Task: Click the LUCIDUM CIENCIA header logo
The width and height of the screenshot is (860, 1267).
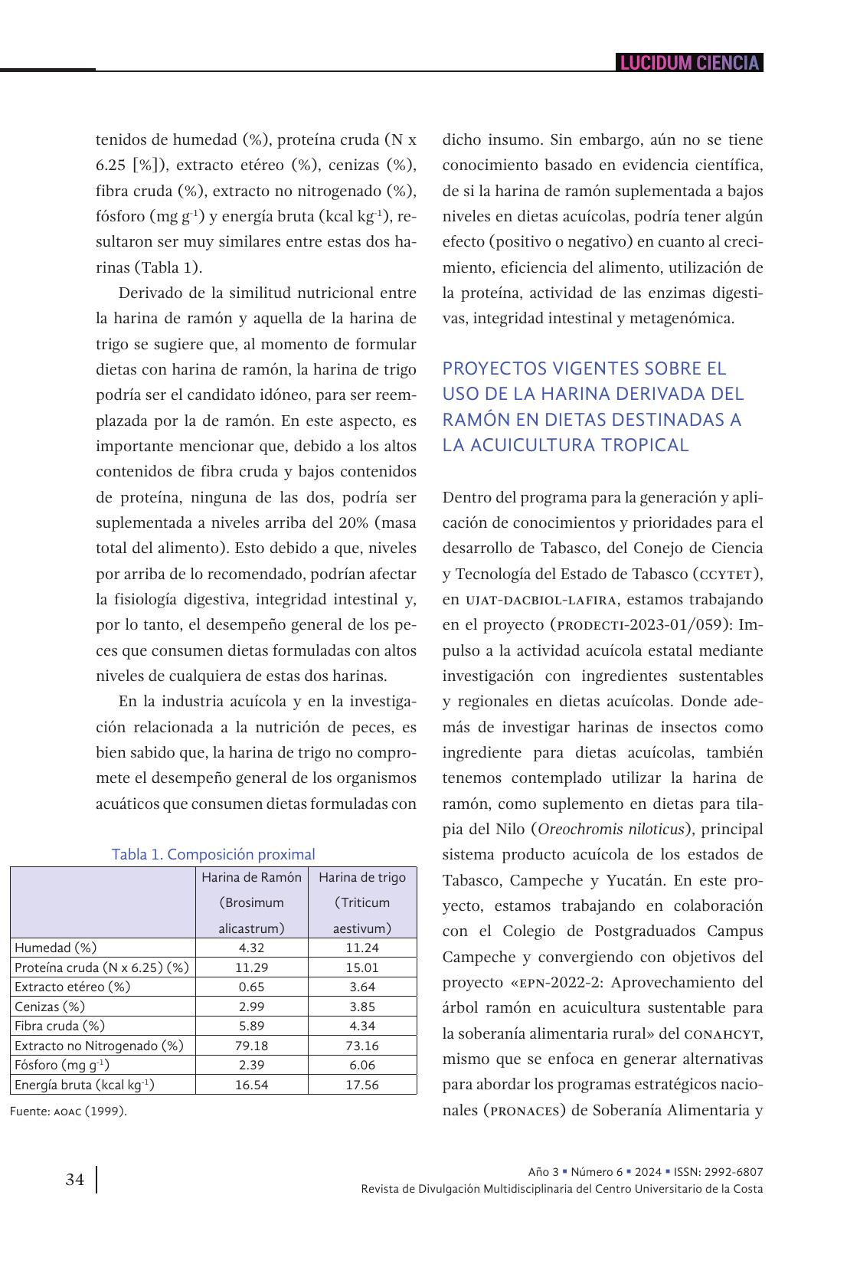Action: (689, 63)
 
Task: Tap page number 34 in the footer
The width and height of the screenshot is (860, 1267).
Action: (75, 1180)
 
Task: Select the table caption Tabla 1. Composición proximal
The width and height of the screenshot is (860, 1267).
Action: (213, 854)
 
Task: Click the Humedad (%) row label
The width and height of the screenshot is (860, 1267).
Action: (56, 948)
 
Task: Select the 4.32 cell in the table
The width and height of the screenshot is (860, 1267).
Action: (251, 948)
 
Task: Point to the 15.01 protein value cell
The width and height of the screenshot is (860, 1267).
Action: (362, 967)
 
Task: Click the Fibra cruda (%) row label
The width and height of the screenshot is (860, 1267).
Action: (60, 1026)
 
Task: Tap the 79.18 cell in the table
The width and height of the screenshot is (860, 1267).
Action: (251, 1046)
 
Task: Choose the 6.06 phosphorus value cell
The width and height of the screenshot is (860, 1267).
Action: (362, 1065)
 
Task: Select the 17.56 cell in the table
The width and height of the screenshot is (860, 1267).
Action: (362, 1085)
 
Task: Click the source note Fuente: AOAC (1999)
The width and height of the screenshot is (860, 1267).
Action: (68, 1111)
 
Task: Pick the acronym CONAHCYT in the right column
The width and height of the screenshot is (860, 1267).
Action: (721, 1034)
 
